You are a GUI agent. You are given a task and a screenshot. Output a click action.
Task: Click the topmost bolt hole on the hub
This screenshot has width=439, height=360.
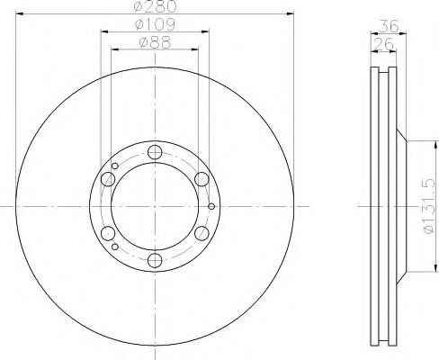(x=154, y=152)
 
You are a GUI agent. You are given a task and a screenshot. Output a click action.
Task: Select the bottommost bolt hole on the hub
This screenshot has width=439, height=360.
(x=154, y=261)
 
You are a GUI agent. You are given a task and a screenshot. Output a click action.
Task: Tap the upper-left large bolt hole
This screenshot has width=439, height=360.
(x=108, y=178)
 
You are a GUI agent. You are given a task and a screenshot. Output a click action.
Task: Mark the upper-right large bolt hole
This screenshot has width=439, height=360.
(x=201, y=178)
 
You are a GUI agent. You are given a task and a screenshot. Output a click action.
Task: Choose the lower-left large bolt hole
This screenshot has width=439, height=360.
(x=108, y=234)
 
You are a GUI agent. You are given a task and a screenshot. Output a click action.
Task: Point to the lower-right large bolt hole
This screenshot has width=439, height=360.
(x=201, y=234)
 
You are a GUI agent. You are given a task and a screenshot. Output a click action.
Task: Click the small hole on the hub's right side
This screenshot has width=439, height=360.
(x=211, y=206)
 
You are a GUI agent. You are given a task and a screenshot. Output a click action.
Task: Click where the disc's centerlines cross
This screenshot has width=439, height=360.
(x=154, y=206)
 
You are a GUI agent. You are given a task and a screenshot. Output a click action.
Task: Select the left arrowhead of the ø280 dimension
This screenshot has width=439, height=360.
(x=19, y=13)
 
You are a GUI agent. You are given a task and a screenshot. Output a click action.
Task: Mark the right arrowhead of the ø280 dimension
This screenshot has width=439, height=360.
(x=291, y=13)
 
